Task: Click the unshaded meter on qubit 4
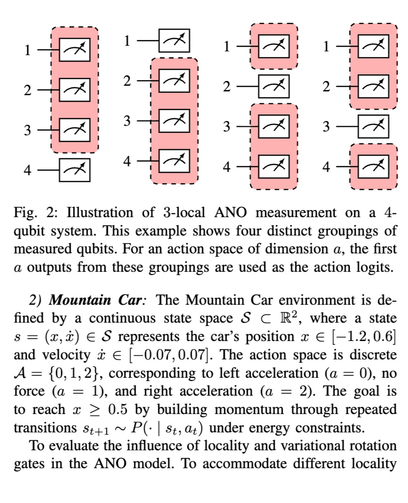[74, 170]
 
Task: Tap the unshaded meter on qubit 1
[174, 41]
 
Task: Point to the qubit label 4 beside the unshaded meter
[27, 170]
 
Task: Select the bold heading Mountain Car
[98, 300]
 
